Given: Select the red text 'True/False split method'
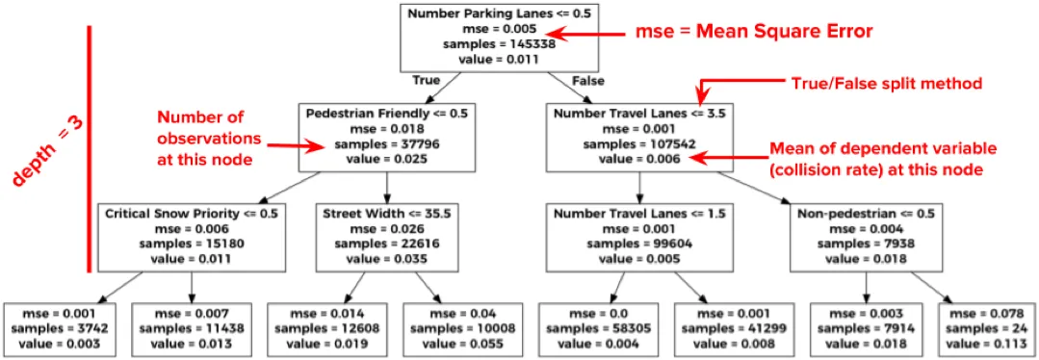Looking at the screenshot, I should [886, 84].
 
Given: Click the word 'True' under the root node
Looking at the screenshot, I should [427, 80].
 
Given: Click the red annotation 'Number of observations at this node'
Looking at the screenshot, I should [210, 140].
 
